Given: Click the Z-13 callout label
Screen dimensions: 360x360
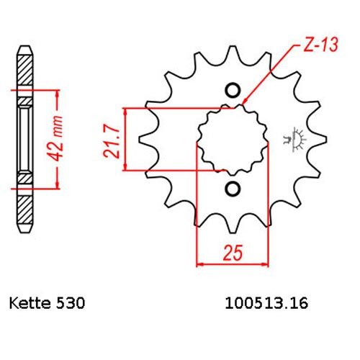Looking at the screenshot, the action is (x=321, y=45).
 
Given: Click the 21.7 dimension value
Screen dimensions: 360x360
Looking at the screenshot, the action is (x=112, y=141).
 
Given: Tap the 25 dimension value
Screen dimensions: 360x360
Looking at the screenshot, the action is (x=233, y=253).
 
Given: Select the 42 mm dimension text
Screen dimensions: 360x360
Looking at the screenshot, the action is (x=57, y=138).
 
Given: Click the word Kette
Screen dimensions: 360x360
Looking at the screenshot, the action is (x=30, y=303).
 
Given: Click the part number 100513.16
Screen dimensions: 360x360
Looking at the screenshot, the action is (x=266, y=303).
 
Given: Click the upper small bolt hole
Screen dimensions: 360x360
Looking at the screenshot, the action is (x=233, y=91).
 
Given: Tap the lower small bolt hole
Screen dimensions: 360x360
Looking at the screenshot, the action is (x=233, y=189).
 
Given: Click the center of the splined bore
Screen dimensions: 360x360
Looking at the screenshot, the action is (x=233, y=140).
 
